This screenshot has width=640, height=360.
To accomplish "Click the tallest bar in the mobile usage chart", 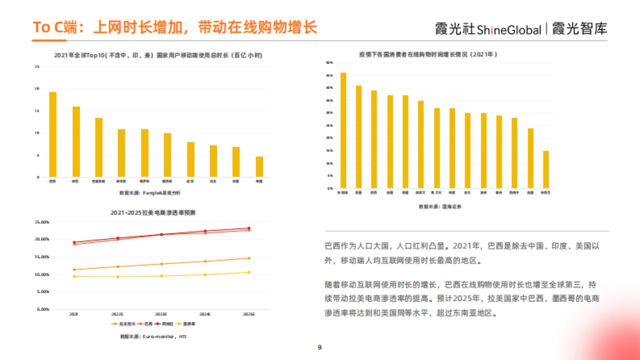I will pos(53,134).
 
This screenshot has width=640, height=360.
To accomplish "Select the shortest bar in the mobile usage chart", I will pos(259,166).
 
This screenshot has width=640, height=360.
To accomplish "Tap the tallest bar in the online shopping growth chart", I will pos(343,131).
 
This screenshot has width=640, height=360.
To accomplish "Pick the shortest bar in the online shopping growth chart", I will pos(546,170).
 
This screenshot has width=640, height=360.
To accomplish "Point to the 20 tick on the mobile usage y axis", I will pos(37,89).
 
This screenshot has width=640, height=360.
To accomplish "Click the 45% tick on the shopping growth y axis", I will pos(330,75).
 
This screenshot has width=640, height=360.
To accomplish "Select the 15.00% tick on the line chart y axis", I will pos(42,257).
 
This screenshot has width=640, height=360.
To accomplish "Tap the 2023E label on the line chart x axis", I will pos(161,315).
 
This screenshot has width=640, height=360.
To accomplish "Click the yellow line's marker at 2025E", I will pos(248,272).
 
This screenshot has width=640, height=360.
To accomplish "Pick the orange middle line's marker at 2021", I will pos(74,269).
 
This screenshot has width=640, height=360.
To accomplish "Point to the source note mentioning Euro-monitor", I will pos(153,337).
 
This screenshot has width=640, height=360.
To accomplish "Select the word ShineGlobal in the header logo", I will pos(509,30).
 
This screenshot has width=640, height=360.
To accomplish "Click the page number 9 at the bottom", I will pos(319,348).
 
